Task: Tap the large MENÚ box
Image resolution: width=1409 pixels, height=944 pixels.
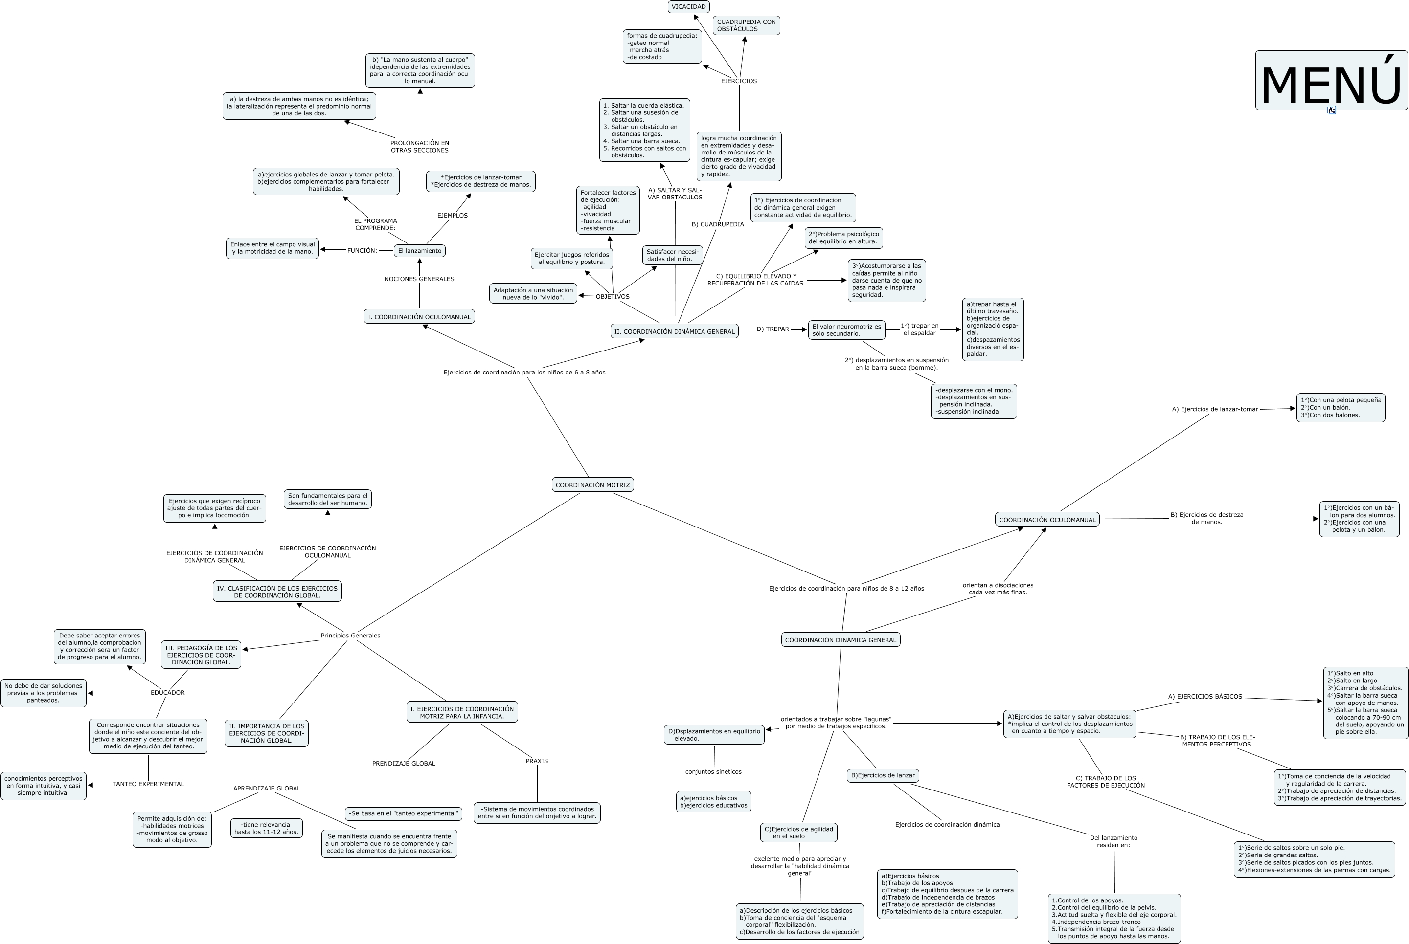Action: [1331, 80]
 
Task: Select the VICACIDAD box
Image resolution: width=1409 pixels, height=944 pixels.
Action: [688, 7]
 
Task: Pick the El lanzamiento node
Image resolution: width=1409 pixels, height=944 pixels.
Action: [419, 250]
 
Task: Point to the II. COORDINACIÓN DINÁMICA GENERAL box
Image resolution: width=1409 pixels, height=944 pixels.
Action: [674, 331]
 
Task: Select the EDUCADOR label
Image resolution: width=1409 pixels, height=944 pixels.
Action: [167, 692]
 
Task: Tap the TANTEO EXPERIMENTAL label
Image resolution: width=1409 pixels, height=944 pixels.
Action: [148, 784]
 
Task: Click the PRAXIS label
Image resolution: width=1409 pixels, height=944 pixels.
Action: [537, 761]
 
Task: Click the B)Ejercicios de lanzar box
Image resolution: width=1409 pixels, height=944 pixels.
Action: [883, 775]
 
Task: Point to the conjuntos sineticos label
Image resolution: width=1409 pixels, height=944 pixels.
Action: [713, 772]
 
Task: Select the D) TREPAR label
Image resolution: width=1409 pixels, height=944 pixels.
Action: [773, 329]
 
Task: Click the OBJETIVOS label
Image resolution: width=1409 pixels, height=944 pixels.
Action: [612, 296]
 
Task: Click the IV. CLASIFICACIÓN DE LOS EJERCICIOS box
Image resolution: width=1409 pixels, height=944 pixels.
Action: [277, 591]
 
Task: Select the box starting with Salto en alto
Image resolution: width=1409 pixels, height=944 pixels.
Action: [1365, 702]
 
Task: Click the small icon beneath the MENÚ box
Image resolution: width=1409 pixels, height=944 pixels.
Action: [1331, 110]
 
